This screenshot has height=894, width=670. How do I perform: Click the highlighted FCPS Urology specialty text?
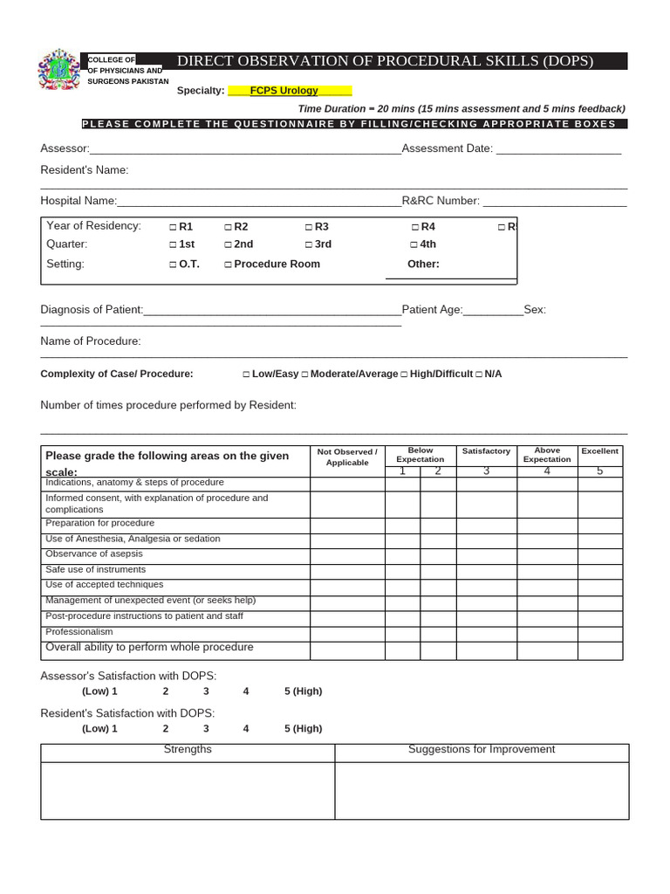pyautogui.click(x=284, y=90)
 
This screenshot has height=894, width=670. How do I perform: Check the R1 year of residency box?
pyautogui.click(x=173, y=227)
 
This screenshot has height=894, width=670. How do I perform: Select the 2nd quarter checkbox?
pyautogui.click(x=228, y=245)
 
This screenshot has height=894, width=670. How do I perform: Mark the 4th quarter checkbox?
pyautogui.click(x=414, y=245)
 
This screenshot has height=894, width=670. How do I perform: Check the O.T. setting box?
pyautogui.click(x=173, y=265)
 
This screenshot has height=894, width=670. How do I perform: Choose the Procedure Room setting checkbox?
pyautogui.click(x=228, y=265)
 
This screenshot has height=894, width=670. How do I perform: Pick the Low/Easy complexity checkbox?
pyautogui.click(x=246, y=375)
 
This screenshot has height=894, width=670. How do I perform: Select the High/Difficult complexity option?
pyautogui.click(x=405, y=375)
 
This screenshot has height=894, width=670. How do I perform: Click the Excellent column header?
pyautogui.click(x=599, y=451)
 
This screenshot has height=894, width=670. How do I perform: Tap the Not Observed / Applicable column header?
pyautogui.click(x=347, y=457)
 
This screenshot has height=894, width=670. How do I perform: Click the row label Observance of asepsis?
pyautogui.click(x=94, y=554)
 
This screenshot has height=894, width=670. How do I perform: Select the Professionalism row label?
pyautogui.click(x=79, y=631)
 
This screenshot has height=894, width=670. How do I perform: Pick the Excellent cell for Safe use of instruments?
pyautogui.click(x=599, y=570)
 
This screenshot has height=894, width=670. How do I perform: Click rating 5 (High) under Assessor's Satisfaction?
pyautogui.click(x=303, y=691)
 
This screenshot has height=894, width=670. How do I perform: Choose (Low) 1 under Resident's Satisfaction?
pyautogui.click(x=99, y=729)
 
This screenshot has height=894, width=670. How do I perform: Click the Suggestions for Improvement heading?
pyautogui.click(x=482, y=750)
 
